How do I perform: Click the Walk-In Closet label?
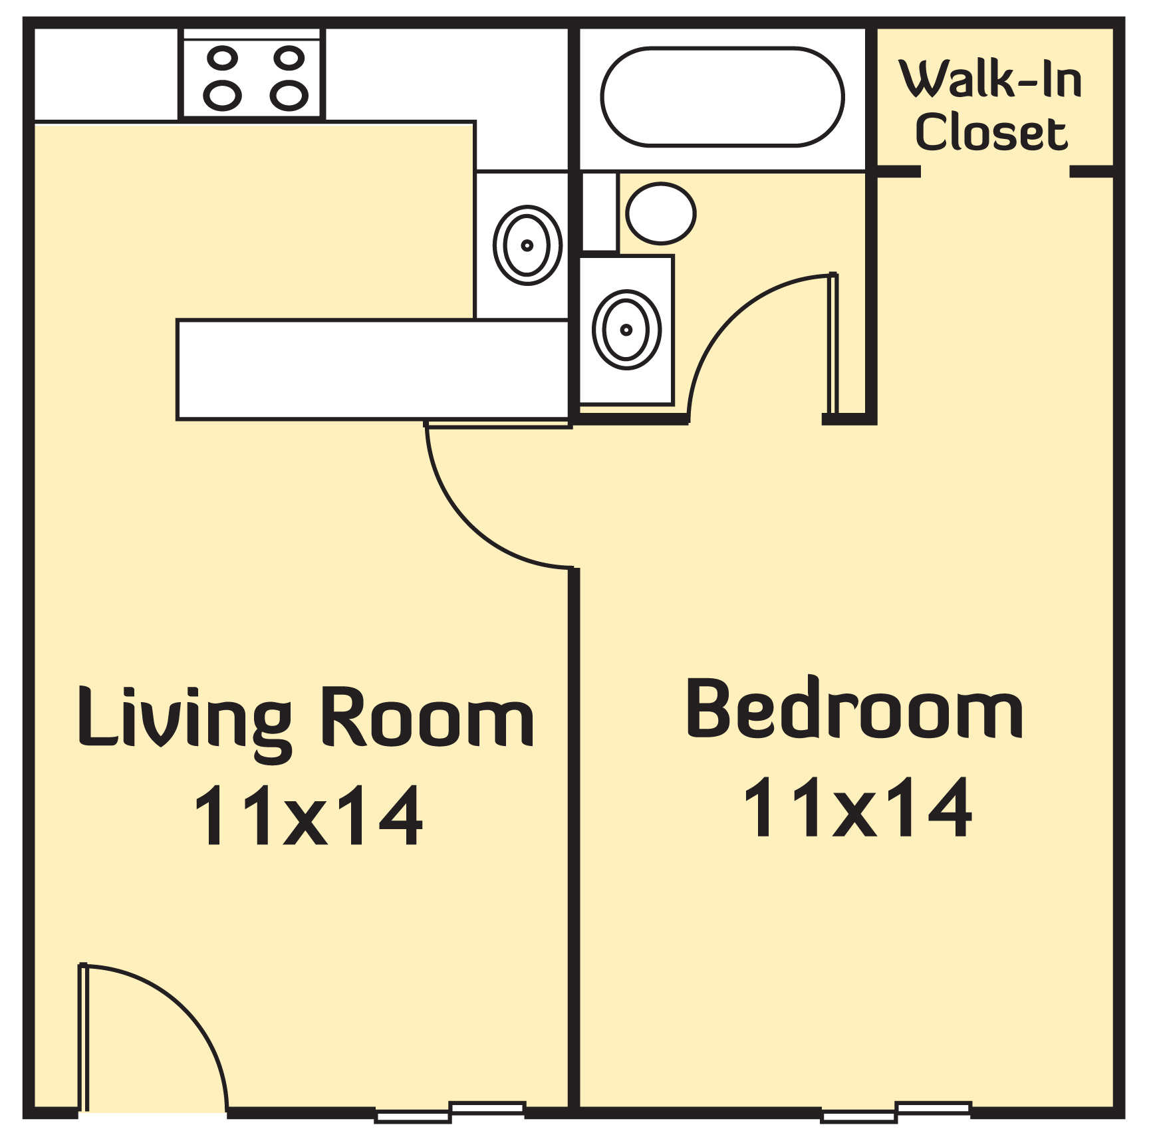(x=991, y=106)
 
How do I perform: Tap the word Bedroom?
(x=854, y=709)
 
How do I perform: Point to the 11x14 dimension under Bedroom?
(x=858, y=807)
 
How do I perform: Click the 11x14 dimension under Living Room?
(x=308, y=815)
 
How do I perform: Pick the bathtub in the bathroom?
(x=722, y=96)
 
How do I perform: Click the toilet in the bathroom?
(x=661, y=213)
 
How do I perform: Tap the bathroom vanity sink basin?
(x=627, y=330)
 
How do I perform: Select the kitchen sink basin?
(x=527, y=245)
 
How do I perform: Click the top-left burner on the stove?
(x=222, y=58)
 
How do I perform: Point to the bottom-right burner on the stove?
(x=289, y=96)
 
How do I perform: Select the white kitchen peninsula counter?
(x=372, y=370)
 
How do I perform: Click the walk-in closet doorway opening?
(x=995, y=172)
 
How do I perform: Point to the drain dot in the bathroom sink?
(x=626, y=330)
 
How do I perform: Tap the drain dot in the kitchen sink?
(x=527, y=245)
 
